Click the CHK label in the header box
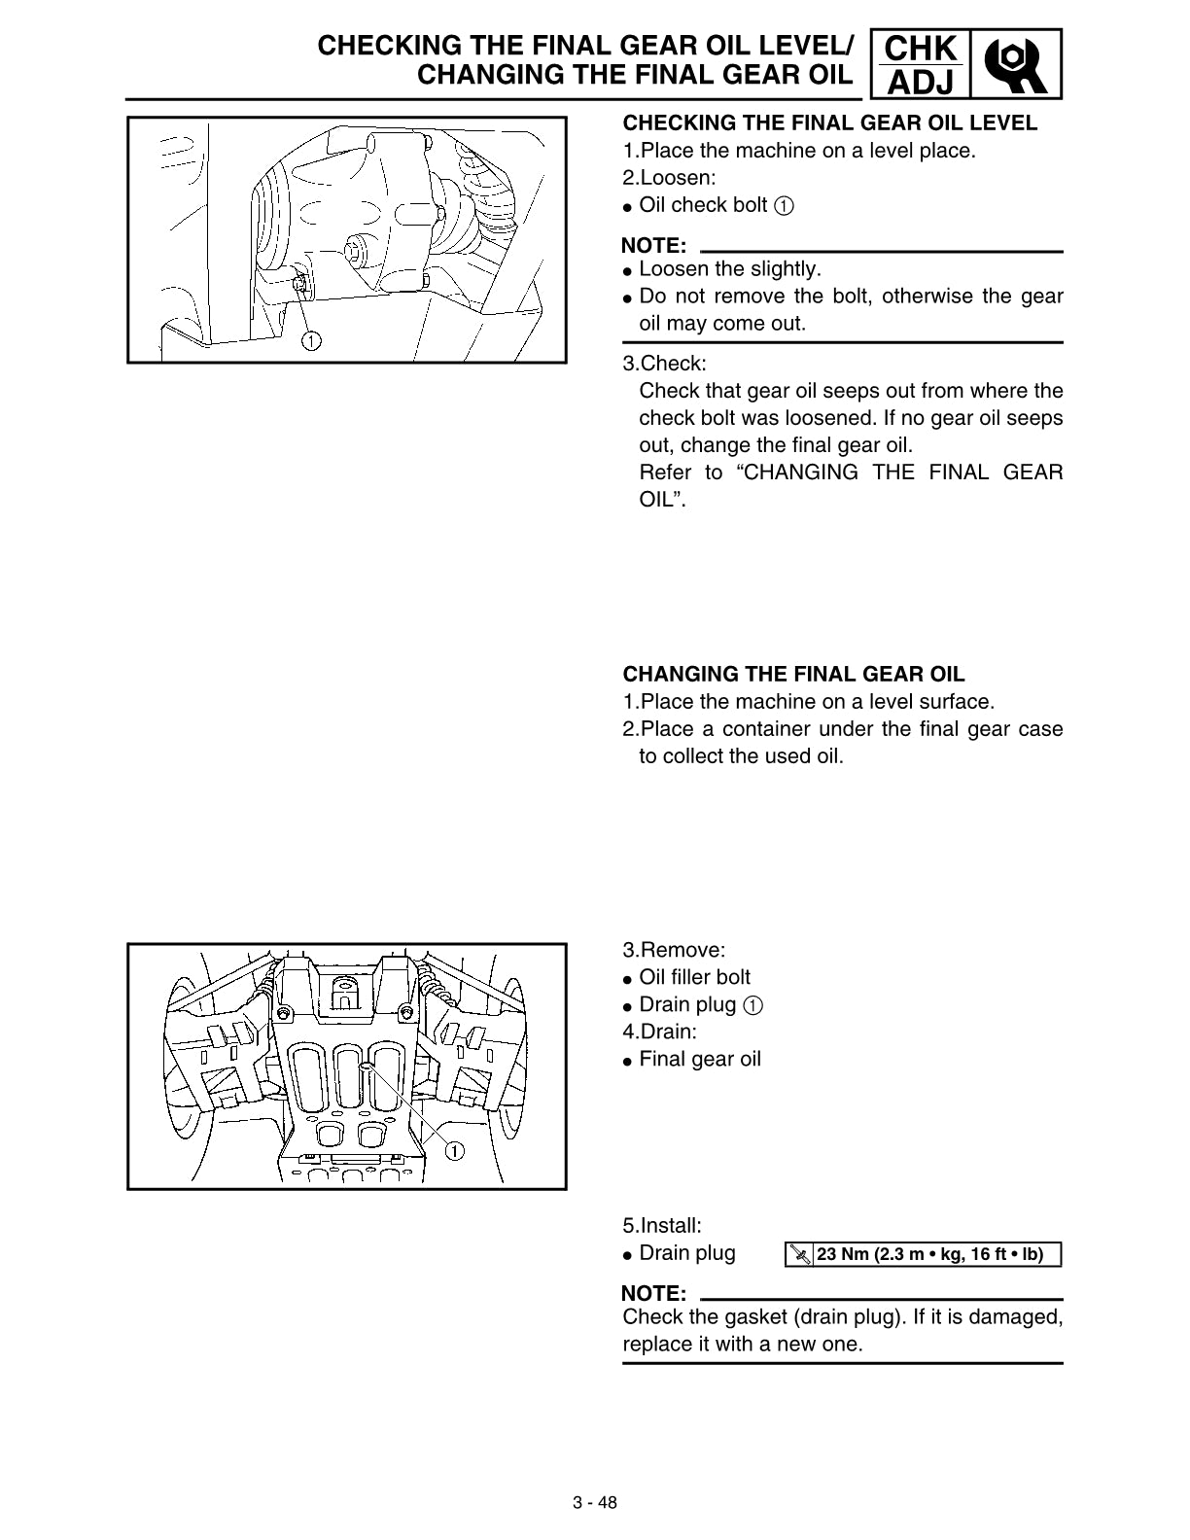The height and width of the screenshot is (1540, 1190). coord(921,49)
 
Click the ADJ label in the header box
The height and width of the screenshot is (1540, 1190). coord(921,83)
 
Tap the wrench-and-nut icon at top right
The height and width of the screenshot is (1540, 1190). coord(1016,64)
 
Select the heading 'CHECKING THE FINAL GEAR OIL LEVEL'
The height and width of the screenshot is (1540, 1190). coord(830,122)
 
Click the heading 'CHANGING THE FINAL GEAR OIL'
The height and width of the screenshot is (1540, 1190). coord(793,673)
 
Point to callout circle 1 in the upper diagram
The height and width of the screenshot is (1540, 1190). coord(311,341)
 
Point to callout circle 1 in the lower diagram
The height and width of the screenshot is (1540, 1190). coord(454,1151)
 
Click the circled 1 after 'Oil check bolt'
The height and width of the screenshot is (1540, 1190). coord(784,206)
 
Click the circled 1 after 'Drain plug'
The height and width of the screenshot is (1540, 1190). coord(753,1005)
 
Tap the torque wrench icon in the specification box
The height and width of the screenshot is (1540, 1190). coord(801,1255)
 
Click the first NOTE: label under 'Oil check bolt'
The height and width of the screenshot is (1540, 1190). coord(653,246)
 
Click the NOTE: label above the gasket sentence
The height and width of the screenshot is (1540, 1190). coord(653,1293)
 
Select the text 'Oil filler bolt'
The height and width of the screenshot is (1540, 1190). coord(694,977)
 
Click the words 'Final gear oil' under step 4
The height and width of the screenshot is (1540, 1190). coord(700,1059)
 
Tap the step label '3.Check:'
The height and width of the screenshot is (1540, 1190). coord(664,364)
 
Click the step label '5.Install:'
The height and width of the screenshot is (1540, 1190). coord(662,1225)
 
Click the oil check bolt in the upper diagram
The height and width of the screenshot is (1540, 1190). coord(298,283)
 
